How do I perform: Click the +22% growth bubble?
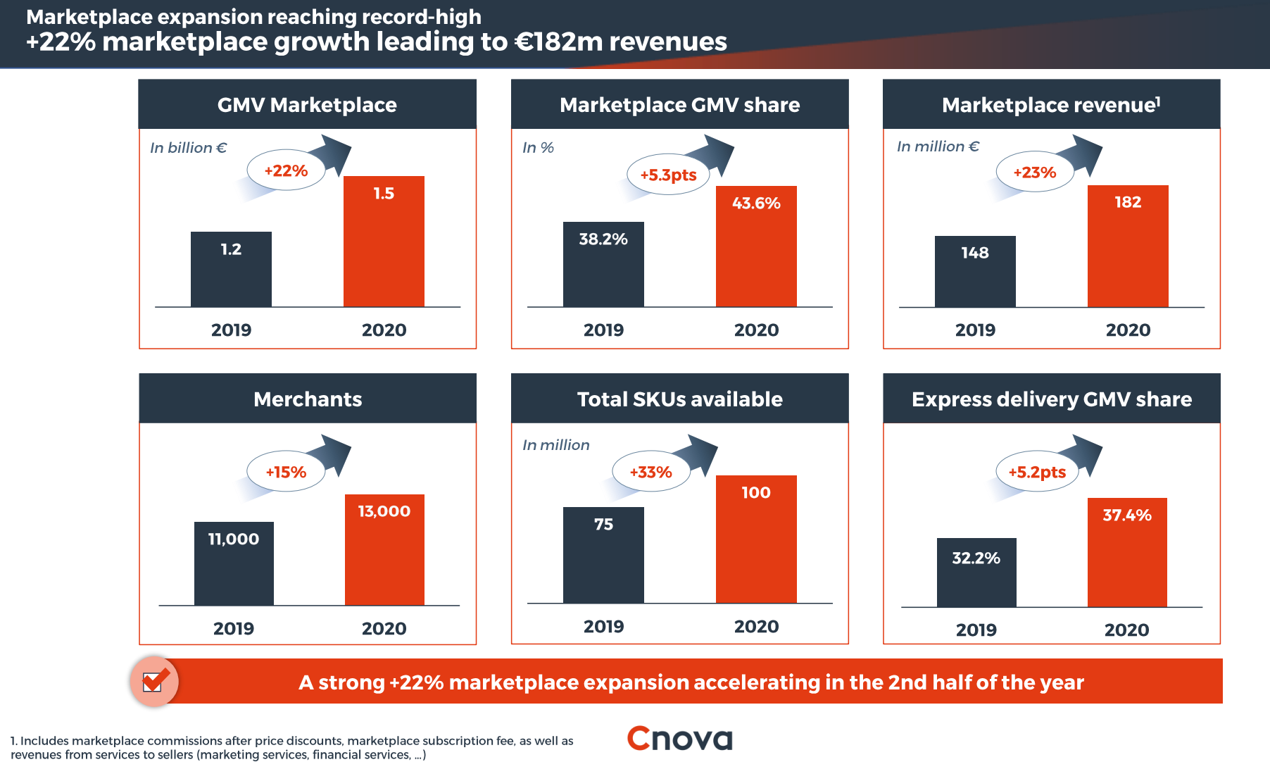coord(286,170)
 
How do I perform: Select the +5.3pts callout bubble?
coord(668,175)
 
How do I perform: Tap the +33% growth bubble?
coord(650,472)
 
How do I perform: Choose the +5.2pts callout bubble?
coord(1037,472)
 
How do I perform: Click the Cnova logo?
coord(679,739)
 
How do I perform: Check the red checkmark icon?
coord(154,681)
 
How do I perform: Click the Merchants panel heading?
coord(308,399)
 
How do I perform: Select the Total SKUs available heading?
coord(679,399)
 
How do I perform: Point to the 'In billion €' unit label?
coord(188,148)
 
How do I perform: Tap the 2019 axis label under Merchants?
coord(234,628)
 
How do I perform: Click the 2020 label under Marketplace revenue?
coord(1128,330)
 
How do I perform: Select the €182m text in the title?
coord(559,42)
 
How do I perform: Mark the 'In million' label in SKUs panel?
coord(556,445)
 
